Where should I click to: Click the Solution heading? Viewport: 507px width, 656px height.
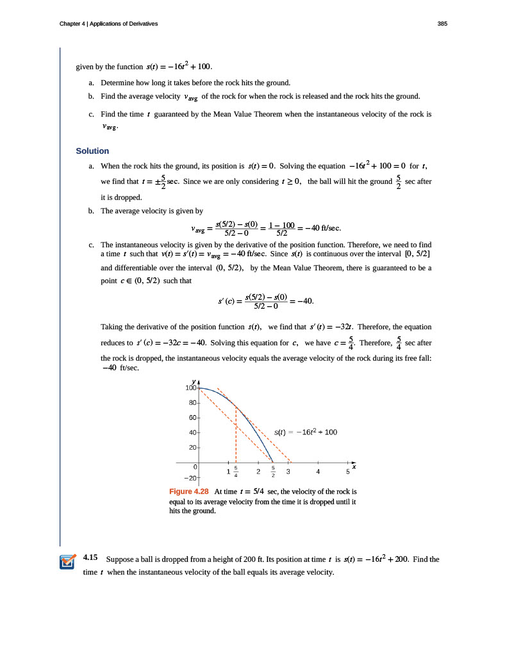tap(92, 151)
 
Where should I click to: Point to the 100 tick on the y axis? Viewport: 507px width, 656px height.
tap(190, 389)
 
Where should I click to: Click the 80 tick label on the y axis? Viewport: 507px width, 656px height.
tap(192, 403)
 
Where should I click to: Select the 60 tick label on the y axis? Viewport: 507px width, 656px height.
tap(192, 418)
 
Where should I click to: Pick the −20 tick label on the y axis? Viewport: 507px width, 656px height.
tap(190, 478)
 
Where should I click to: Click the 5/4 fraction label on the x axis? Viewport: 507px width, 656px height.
tap(236, 472)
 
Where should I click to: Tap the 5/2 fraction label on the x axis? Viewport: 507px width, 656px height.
tap(273, 472)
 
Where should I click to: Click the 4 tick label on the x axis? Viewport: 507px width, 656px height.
tap(318, 472)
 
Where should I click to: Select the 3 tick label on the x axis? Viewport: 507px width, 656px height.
tap(288, 472)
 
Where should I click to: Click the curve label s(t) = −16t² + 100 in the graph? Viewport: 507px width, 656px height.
tap(305, 432)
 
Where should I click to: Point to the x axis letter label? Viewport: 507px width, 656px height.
tap(354, 467)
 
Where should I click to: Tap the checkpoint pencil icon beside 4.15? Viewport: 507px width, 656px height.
tap(67, 561)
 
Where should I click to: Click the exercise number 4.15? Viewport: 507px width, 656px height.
tap(90, 558)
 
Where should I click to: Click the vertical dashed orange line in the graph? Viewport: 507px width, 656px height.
tap(236, 436)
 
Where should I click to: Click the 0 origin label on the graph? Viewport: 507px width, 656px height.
tap(195, 467)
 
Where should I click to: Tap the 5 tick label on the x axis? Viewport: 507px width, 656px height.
tap(347, 472)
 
